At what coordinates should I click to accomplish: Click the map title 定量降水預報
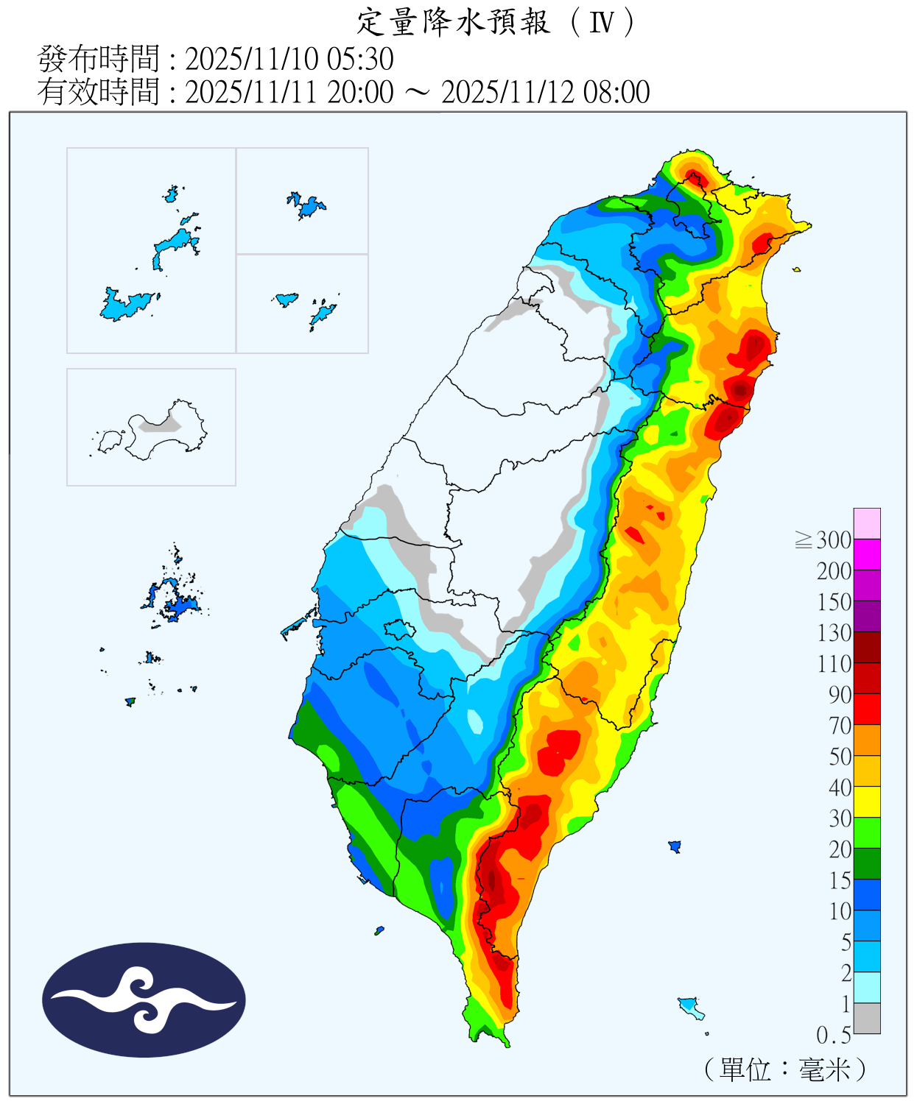pos(453,22)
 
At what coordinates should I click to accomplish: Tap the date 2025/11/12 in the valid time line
pos(509,93)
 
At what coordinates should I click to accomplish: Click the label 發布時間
pos(99,59)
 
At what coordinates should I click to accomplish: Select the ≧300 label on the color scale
pos(824,540)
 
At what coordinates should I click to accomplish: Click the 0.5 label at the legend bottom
pos(833,1036)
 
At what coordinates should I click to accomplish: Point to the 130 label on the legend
pos(834,633)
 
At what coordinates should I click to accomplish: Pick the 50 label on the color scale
pos(840,757)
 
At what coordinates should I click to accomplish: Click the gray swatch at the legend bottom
pos(867,1018)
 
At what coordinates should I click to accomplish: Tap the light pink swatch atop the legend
pos(867,523)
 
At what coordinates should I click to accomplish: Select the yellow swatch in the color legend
pos(867,802)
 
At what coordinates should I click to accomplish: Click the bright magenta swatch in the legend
pos(867,554)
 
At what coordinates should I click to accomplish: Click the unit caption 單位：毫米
pos(785,1069)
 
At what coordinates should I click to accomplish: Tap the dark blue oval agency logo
pos(144,999)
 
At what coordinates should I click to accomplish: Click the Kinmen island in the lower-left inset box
pos(166,428)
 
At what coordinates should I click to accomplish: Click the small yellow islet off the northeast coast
pos(797,270)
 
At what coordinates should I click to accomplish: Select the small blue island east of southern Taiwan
pos(675,846)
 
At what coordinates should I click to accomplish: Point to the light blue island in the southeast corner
pos(689,1005)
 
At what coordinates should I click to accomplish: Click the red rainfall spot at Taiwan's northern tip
pos(694,177)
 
